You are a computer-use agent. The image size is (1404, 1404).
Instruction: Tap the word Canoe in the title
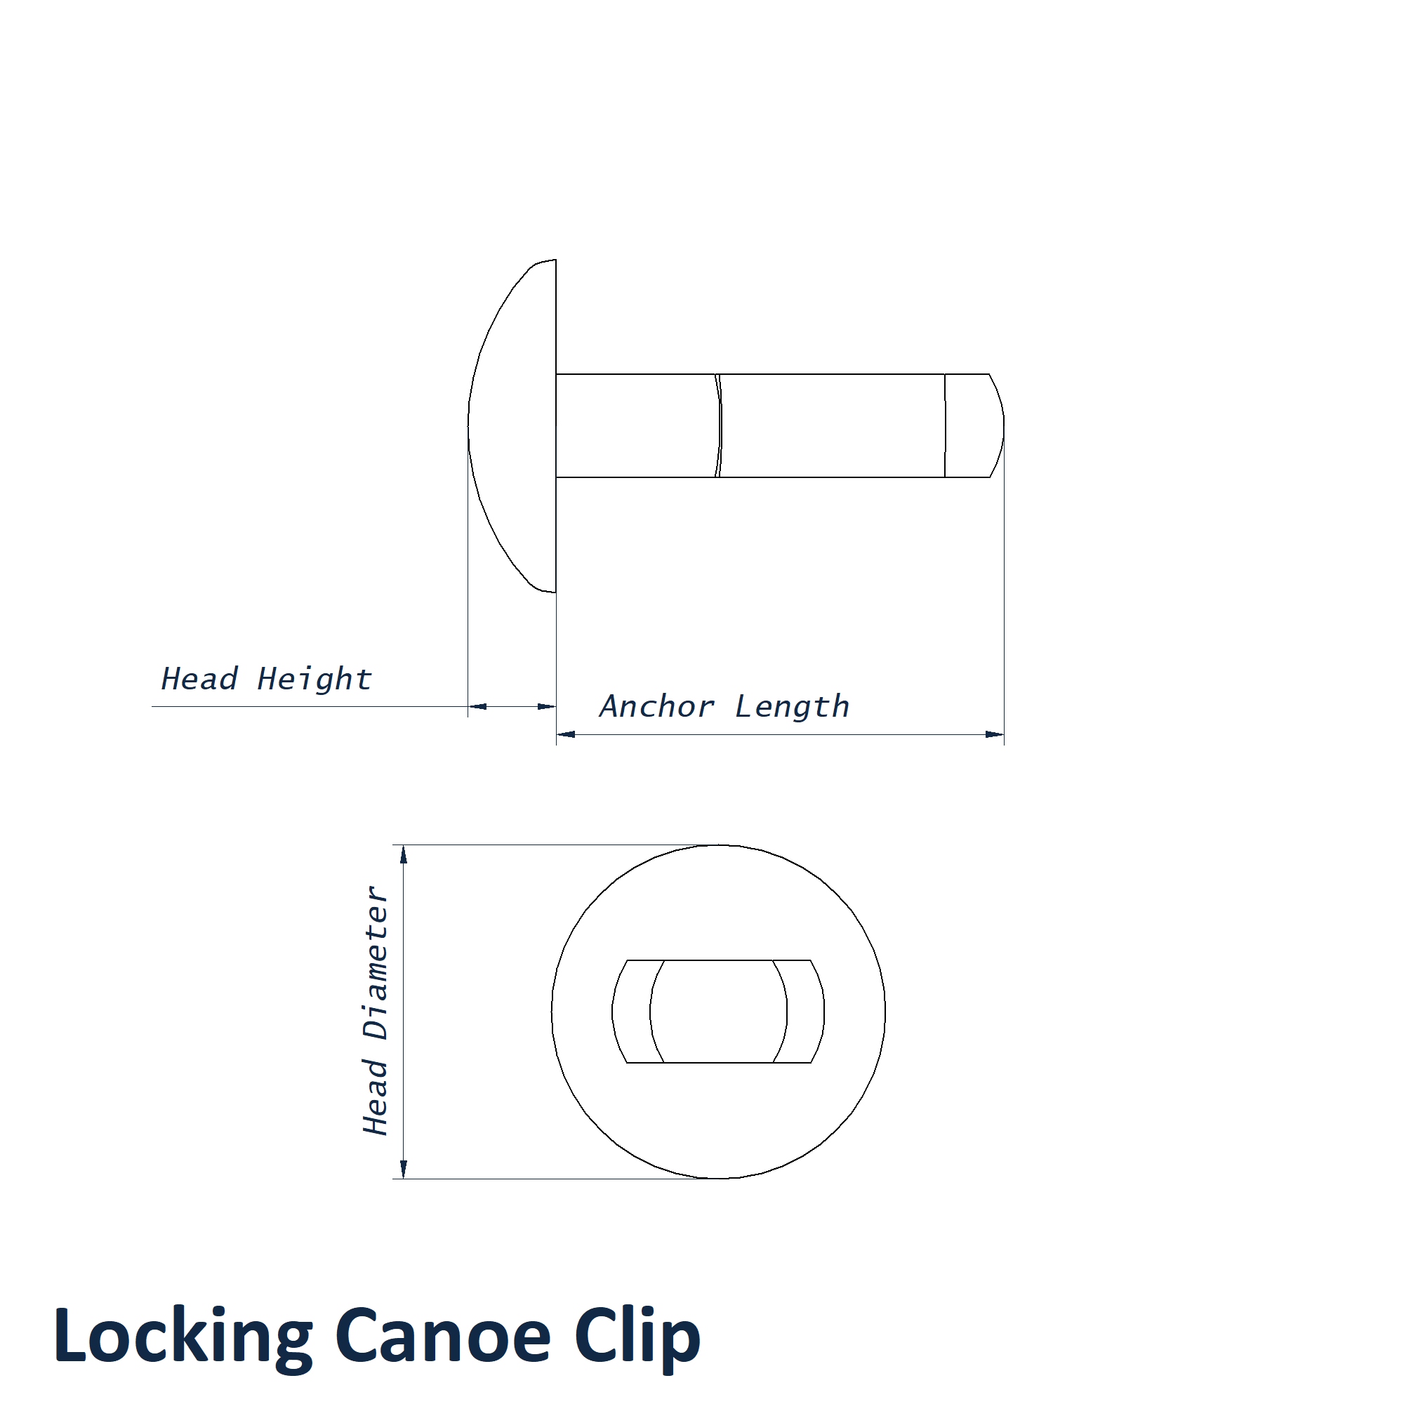pos(442,1338)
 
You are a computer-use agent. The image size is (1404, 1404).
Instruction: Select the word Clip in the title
pos(637,1338)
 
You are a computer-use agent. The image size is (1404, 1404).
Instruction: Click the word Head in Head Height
pos(199,679)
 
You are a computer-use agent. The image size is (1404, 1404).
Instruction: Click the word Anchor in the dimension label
pos(657,706)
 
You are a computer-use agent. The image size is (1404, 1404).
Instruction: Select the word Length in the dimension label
pos(792,707)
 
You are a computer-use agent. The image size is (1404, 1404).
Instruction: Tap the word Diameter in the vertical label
pos(376,964)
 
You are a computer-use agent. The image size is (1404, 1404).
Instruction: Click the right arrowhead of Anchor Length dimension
pos(994,735)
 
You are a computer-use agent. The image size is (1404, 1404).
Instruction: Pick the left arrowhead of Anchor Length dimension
pos(566,735)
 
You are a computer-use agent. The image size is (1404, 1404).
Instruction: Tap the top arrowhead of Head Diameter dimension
pos(404,854)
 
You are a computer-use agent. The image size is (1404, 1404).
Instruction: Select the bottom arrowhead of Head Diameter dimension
pos(404,1169)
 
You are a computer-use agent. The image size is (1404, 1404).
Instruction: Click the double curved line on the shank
pos(719,426)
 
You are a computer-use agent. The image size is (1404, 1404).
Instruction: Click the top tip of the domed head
pos(555,260)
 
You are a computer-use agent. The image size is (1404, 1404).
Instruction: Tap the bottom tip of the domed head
pos(555,592)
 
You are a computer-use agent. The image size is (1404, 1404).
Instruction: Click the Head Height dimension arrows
pos(512,706)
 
